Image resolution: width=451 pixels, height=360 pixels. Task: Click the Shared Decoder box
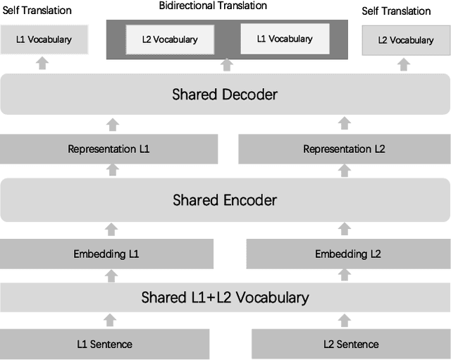[225, 94]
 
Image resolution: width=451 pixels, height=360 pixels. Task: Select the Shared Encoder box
[225, 200]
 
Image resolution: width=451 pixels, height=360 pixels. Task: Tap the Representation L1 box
[109, 149]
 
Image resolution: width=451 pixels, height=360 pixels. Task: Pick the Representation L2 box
[344, 149]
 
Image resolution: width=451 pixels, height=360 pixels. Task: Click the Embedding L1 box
[106, 254]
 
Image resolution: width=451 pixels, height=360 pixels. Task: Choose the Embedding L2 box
[347, 254]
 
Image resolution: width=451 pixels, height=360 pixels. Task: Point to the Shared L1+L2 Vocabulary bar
[225, 297]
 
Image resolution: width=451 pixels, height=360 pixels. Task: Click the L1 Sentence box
[104, 344]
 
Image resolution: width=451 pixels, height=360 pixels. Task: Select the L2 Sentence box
[350, 344]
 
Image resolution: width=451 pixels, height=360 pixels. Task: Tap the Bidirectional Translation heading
[212, 6]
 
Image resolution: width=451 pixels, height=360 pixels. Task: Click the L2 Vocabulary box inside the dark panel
[170, 39]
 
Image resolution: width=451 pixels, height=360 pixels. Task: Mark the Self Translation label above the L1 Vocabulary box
[37, 11]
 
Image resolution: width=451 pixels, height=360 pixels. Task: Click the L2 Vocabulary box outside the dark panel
[405, 40]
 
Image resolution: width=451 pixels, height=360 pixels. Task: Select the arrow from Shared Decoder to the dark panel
[226, 65]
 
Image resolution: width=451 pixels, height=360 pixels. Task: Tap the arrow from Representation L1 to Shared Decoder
[112, 125]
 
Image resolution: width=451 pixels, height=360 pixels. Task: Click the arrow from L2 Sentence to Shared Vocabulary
[345, 320]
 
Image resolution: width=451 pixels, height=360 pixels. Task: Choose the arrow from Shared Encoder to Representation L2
[345, 170]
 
